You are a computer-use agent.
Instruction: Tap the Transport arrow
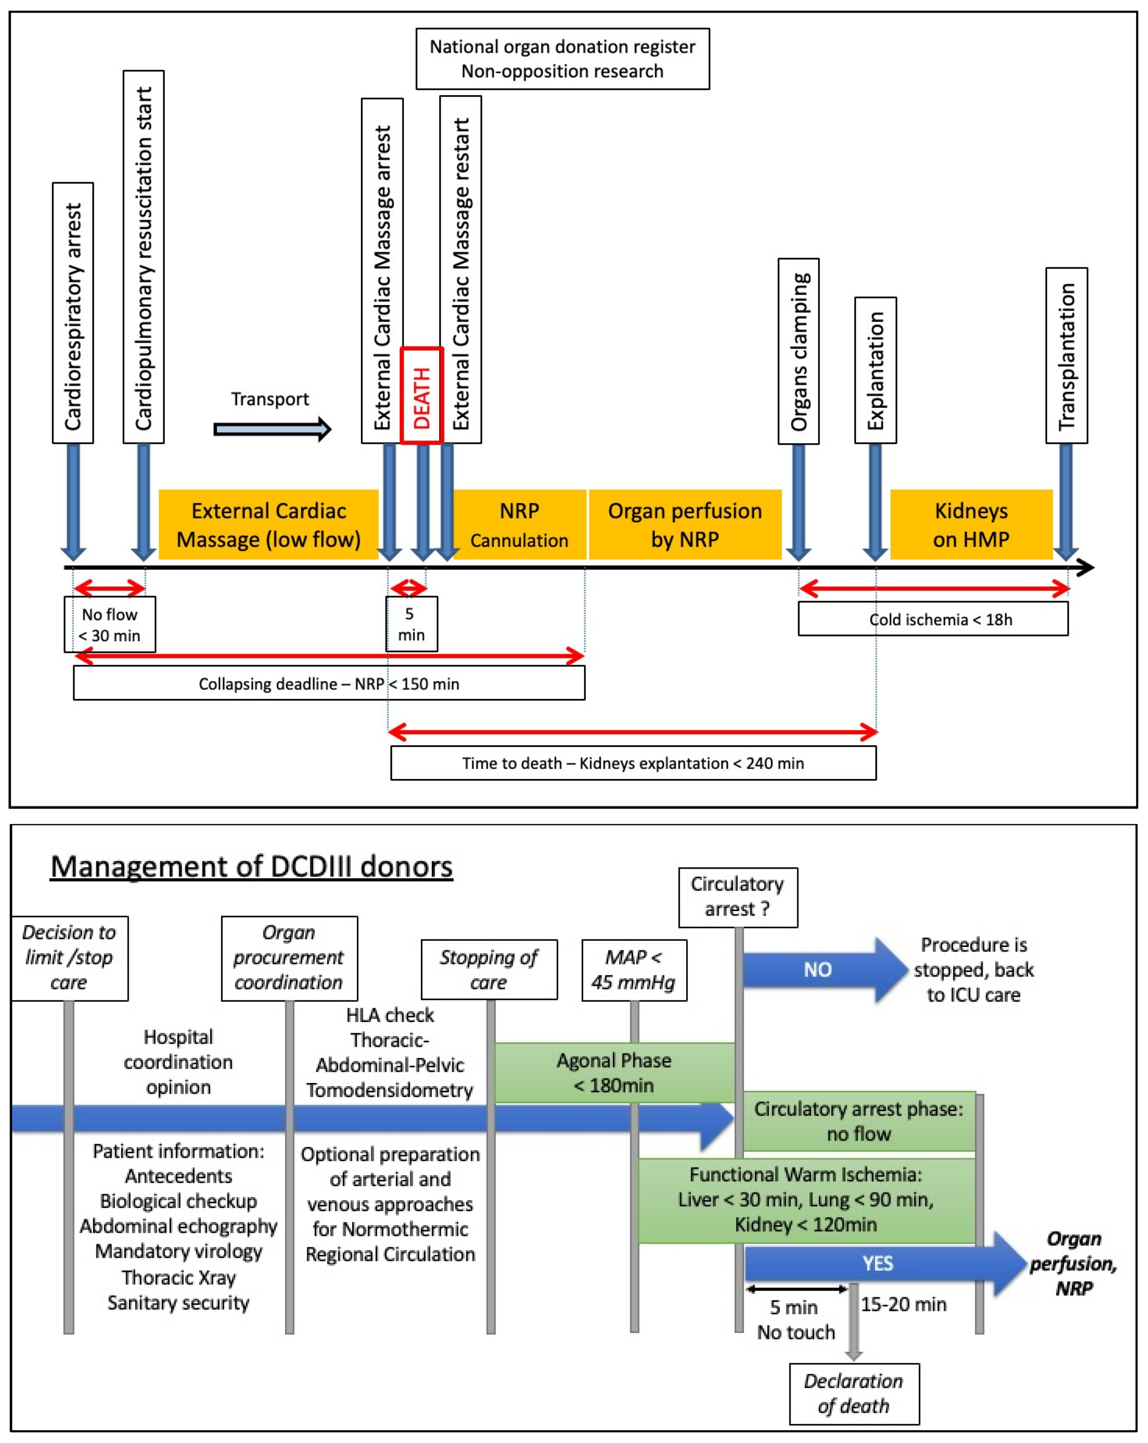(x=271, y=429)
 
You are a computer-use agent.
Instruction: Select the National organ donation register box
(x=562, y=59)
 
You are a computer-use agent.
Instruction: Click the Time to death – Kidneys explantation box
(x=633, y=763)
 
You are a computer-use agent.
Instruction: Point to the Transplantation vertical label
(x=1067, y=355)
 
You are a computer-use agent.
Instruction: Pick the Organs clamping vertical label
(x=798, y=351)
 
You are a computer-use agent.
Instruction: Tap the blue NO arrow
(x=823, y=969)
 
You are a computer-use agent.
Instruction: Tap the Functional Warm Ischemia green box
(x=806, y=1199)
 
